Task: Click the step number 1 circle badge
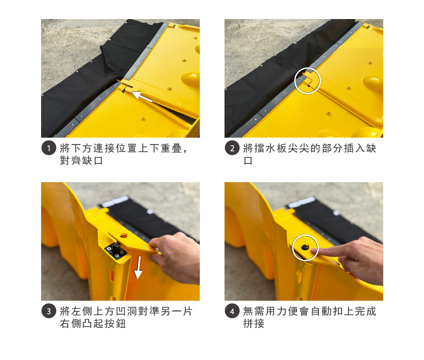pyautogui.click(x=49, y=148)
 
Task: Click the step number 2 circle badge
pyautogui.click(x=232, y=148)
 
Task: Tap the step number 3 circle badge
pyautogui.click(x=49, y=311)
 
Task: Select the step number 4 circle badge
pyautogui.click(x=232, y=311)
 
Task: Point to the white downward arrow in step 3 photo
pyautogui.click(x=139, y=268)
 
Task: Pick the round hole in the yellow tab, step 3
pyautogui.click(x=124, y=235)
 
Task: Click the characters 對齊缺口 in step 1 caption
pyautogui.click(x=81, y=161)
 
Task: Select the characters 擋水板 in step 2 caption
pyautogui.click(x=265, y=148)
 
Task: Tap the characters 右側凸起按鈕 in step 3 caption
pyautogui.click(x=93, y=323)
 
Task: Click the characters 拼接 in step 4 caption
pyautogui.click(x=254, y=323)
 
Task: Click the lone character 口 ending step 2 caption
pyautogui.click(x=248, y=161)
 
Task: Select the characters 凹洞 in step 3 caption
pyautogui.click(x=127, y=311)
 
